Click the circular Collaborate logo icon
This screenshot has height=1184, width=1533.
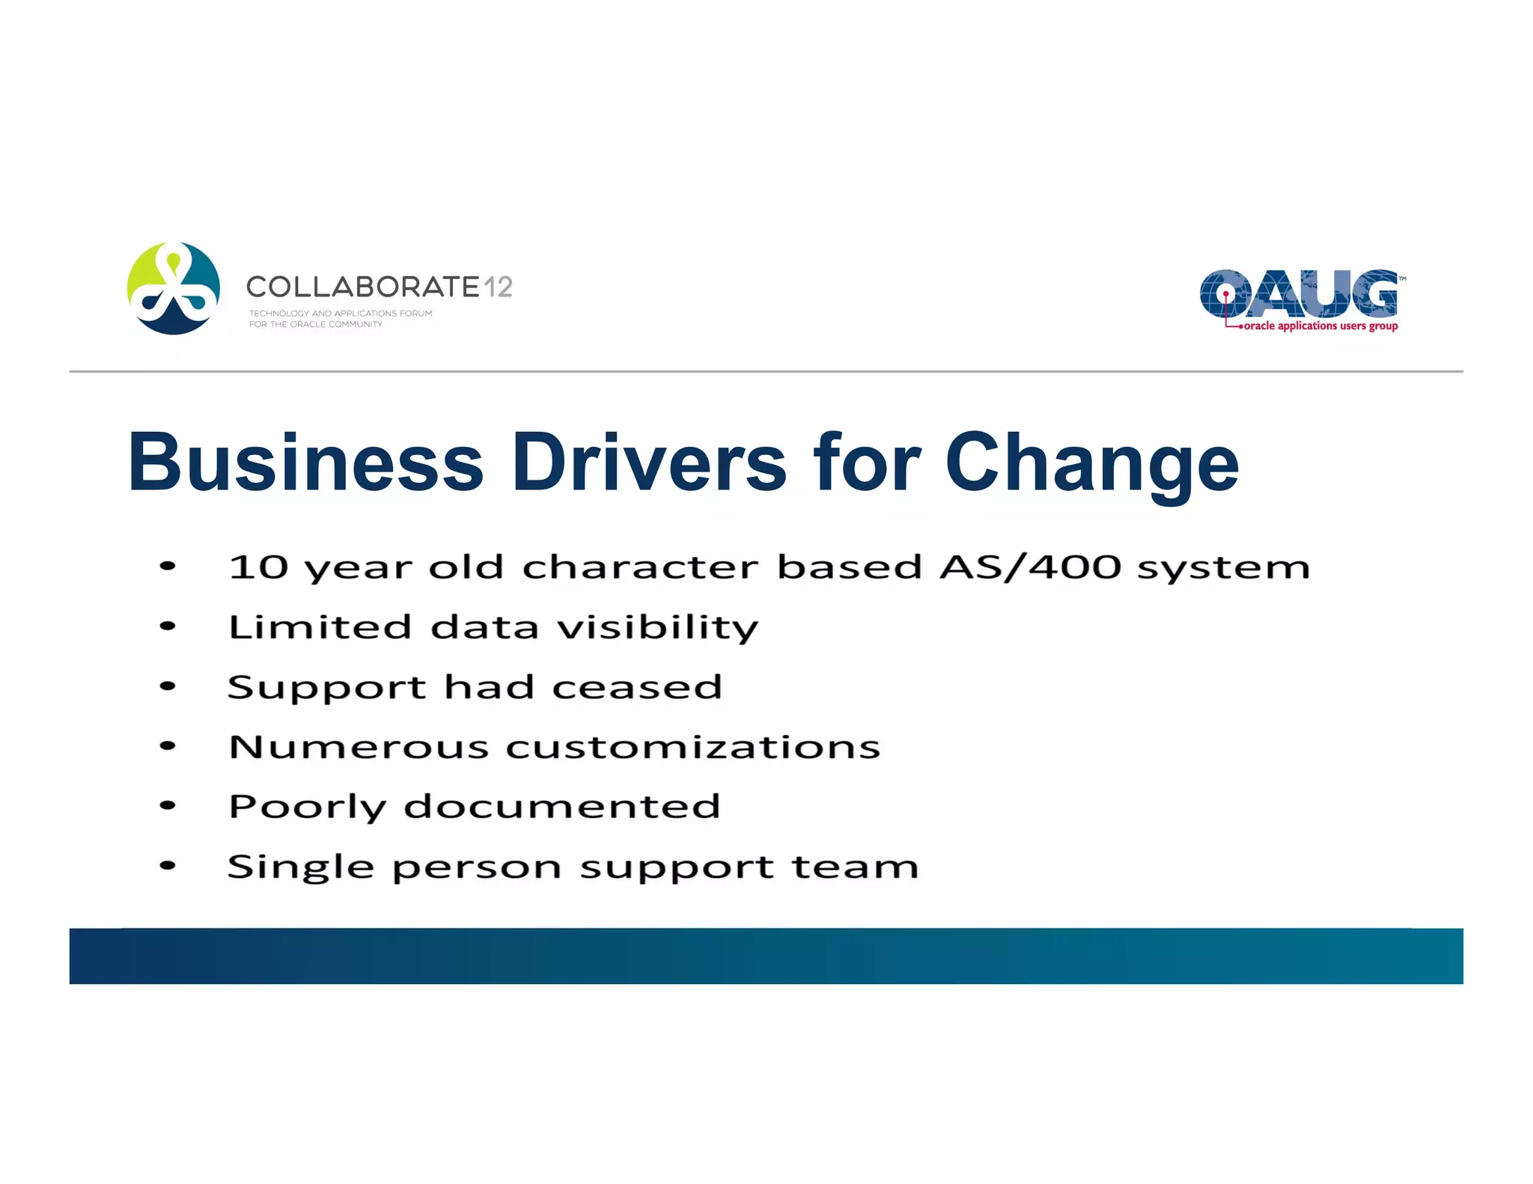(174, 288)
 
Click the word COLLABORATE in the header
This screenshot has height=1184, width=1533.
(362, 287)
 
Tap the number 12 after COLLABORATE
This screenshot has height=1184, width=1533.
(498, 287)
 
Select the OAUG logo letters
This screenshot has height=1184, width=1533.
(1299, 294)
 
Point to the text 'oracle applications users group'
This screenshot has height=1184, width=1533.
(1320, 326)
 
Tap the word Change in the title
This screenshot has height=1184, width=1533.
(1091, 464)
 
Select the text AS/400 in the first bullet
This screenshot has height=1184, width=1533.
(1030, 567)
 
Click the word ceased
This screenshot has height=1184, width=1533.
(637, 687)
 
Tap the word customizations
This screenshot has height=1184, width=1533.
(693, 747)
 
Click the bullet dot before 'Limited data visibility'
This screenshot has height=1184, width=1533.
(168, 626)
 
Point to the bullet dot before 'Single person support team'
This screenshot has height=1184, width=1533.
(168, 867)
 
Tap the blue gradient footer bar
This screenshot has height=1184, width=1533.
(766, 956)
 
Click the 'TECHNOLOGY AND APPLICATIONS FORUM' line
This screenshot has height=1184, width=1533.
(341, 314)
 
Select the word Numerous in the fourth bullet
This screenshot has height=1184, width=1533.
(359, 747)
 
